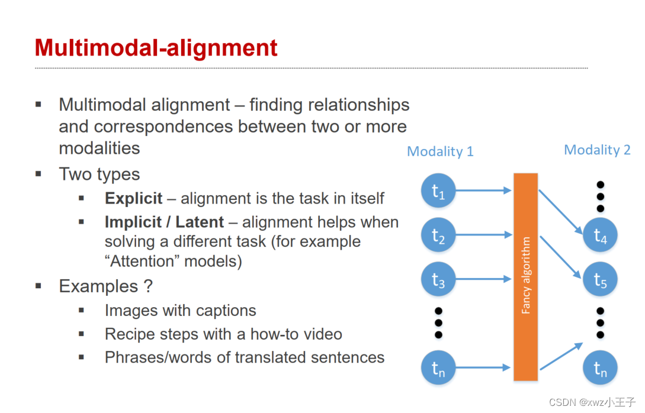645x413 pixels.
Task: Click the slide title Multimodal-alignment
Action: tap(156, 47)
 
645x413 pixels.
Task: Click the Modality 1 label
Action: tap(440, 151)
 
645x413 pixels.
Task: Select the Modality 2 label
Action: tap(596, 150)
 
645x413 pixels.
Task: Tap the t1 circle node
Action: tap(438, 191)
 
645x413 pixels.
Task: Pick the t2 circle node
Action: tap(438, 235)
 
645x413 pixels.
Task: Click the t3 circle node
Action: tap(438, 279)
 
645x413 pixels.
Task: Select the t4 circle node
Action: tap(600, 235)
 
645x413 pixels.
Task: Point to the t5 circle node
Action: tap(600, 279)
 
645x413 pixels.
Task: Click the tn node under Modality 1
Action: tap(438, 368)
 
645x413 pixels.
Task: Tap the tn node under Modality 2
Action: tap(600, 368)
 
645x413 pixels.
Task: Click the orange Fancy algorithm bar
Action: tap(525, 276)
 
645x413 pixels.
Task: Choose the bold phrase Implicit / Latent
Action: tap(164, 222)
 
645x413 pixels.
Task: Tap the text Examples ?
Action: tap(105, 286)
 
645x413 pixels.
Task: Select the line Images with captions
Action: tap(180, 311)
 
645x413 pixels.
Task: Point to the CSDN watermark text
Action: tap(592, 402)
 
